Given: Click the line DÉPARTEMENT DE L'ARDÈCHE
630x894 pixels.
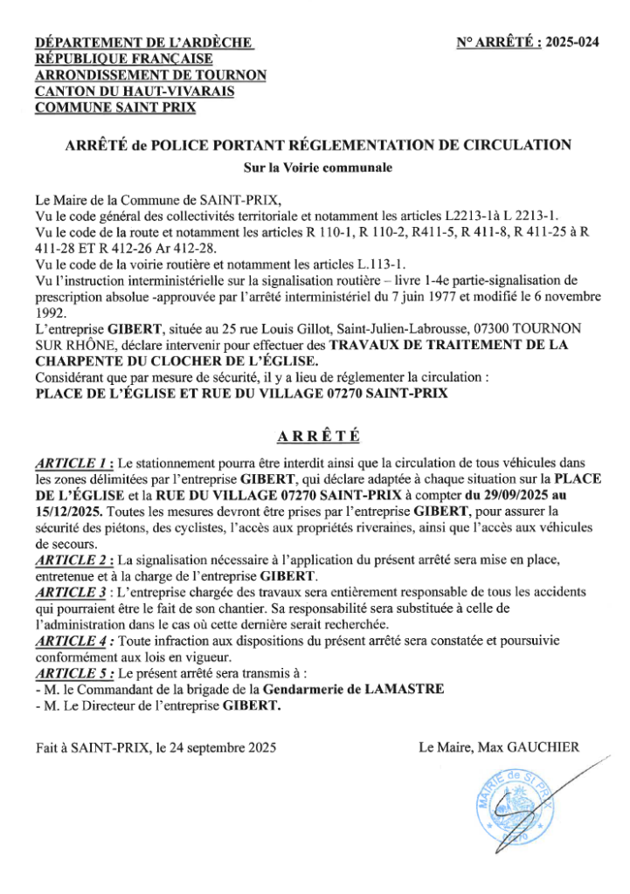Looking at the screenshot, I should click(144, 42).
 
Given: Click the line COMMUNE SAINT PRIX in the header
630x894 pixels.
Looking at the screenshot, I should click(114, 108).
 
